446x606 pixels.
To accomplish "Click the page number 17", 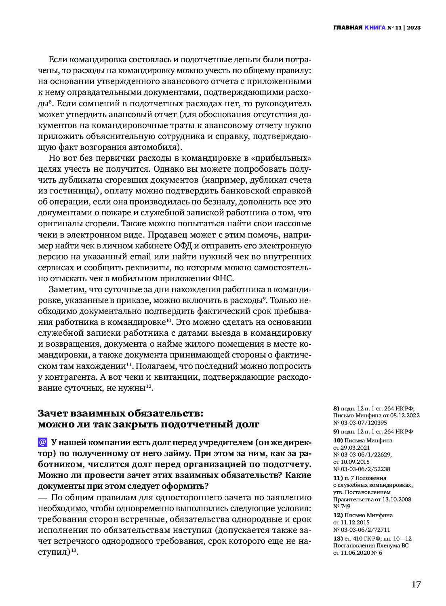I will (x=416, y=585).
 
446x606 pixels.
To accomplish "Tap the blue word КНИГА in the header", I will (x=374, y=27).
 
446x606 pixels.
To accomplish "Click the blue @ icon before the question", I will (x=42, y=442).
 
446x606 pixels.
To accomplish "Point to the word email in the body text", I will (x=140, y=257).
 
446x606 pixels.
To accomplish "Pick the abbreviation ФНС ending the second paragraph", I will (x=222, y=278).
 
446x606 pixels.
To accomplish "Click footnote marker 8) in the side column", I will (x=336, y=408).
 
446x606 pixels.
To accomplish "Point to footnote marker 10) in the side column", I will (x=338, y=440).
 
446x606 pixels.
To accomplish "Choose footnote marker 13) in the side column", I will (x=338, y=539).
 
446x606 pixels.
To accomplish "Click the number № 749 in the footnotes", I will (x=342, y=506).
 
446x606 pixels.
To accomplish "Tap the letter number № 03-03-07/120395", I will (x=360, y=423).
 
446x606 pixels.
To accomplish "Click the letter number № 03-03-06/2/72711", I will (x=362, y=530).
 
